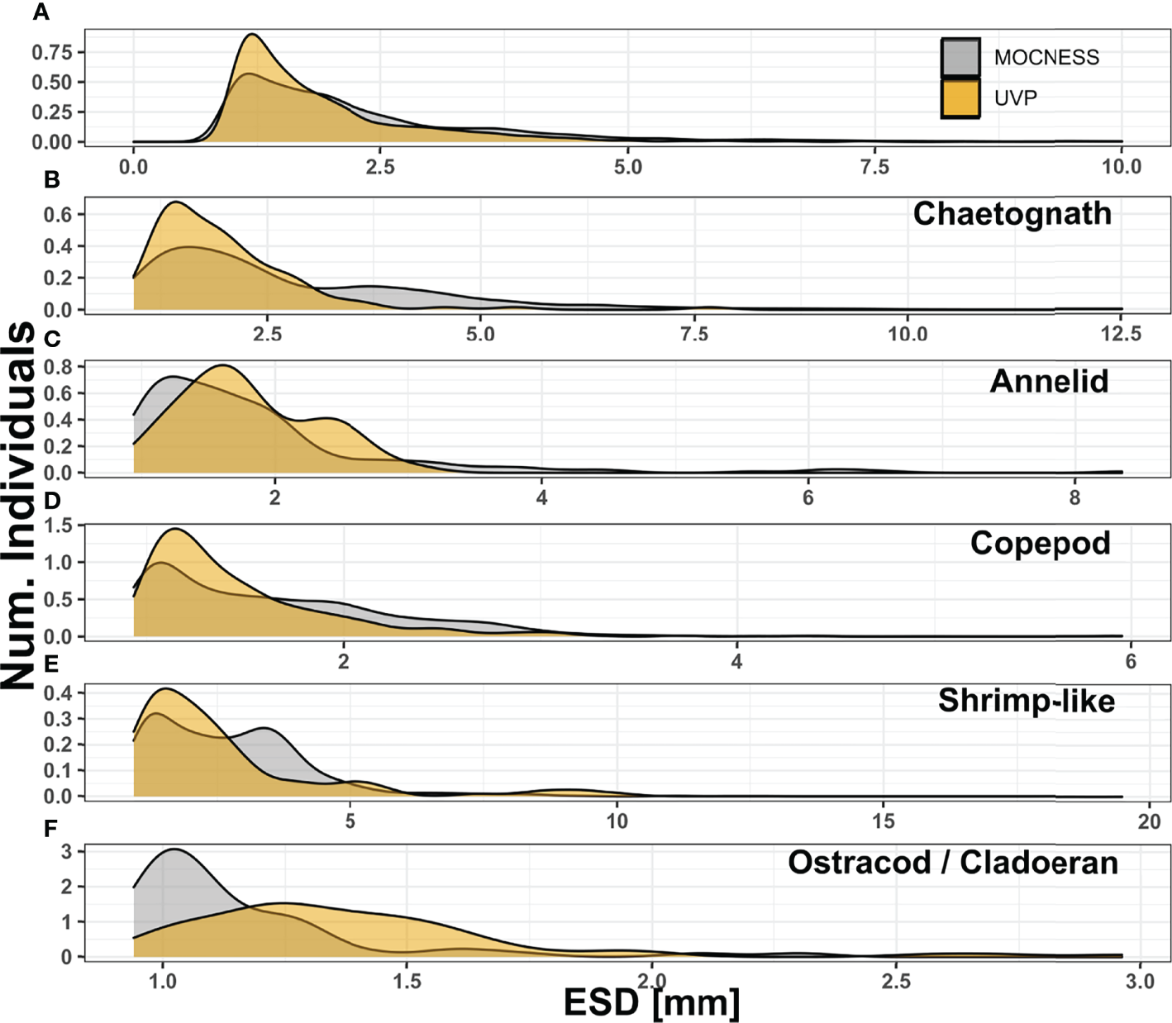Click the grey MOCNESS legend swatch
pyautogui.click(x=960, y=57)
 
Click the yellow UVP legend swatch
pyautogui.click(x=960, y=98)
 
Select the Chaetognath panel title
pyautogui.click(x=1012, y=214)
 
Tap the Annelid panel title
pyautogui.click(x=1049, y=381)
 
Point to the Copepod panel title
pyautogui.click(x=1040, y=543)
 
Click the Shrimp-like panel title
pyautogui.click(x=1026, y=701)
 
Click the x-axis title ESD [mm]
pyautogui.click(x=651, y=1002)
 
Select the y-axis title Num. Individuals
pyautogui.click(x=18, y=504)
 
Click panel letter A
pyautogui.click(x=41, y=12)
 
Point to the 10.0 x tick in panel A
pyautogui.click(x=1121, y=167)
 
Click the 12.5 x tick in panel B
pyautogui.click(x=1121, y=334)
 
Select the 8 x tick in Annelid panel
pyautogui.click(x=1074, y=497)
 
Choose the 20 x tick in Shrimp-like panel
pyautogui.click(x=1149, y=821)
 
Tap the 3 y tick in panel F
pyautogui.click(x=68, y=851)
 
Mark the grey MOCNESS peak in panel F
pyautogui.click(x=174, y=849)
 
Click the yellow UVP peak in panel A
pyautogui.click(x=252, y=35)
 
